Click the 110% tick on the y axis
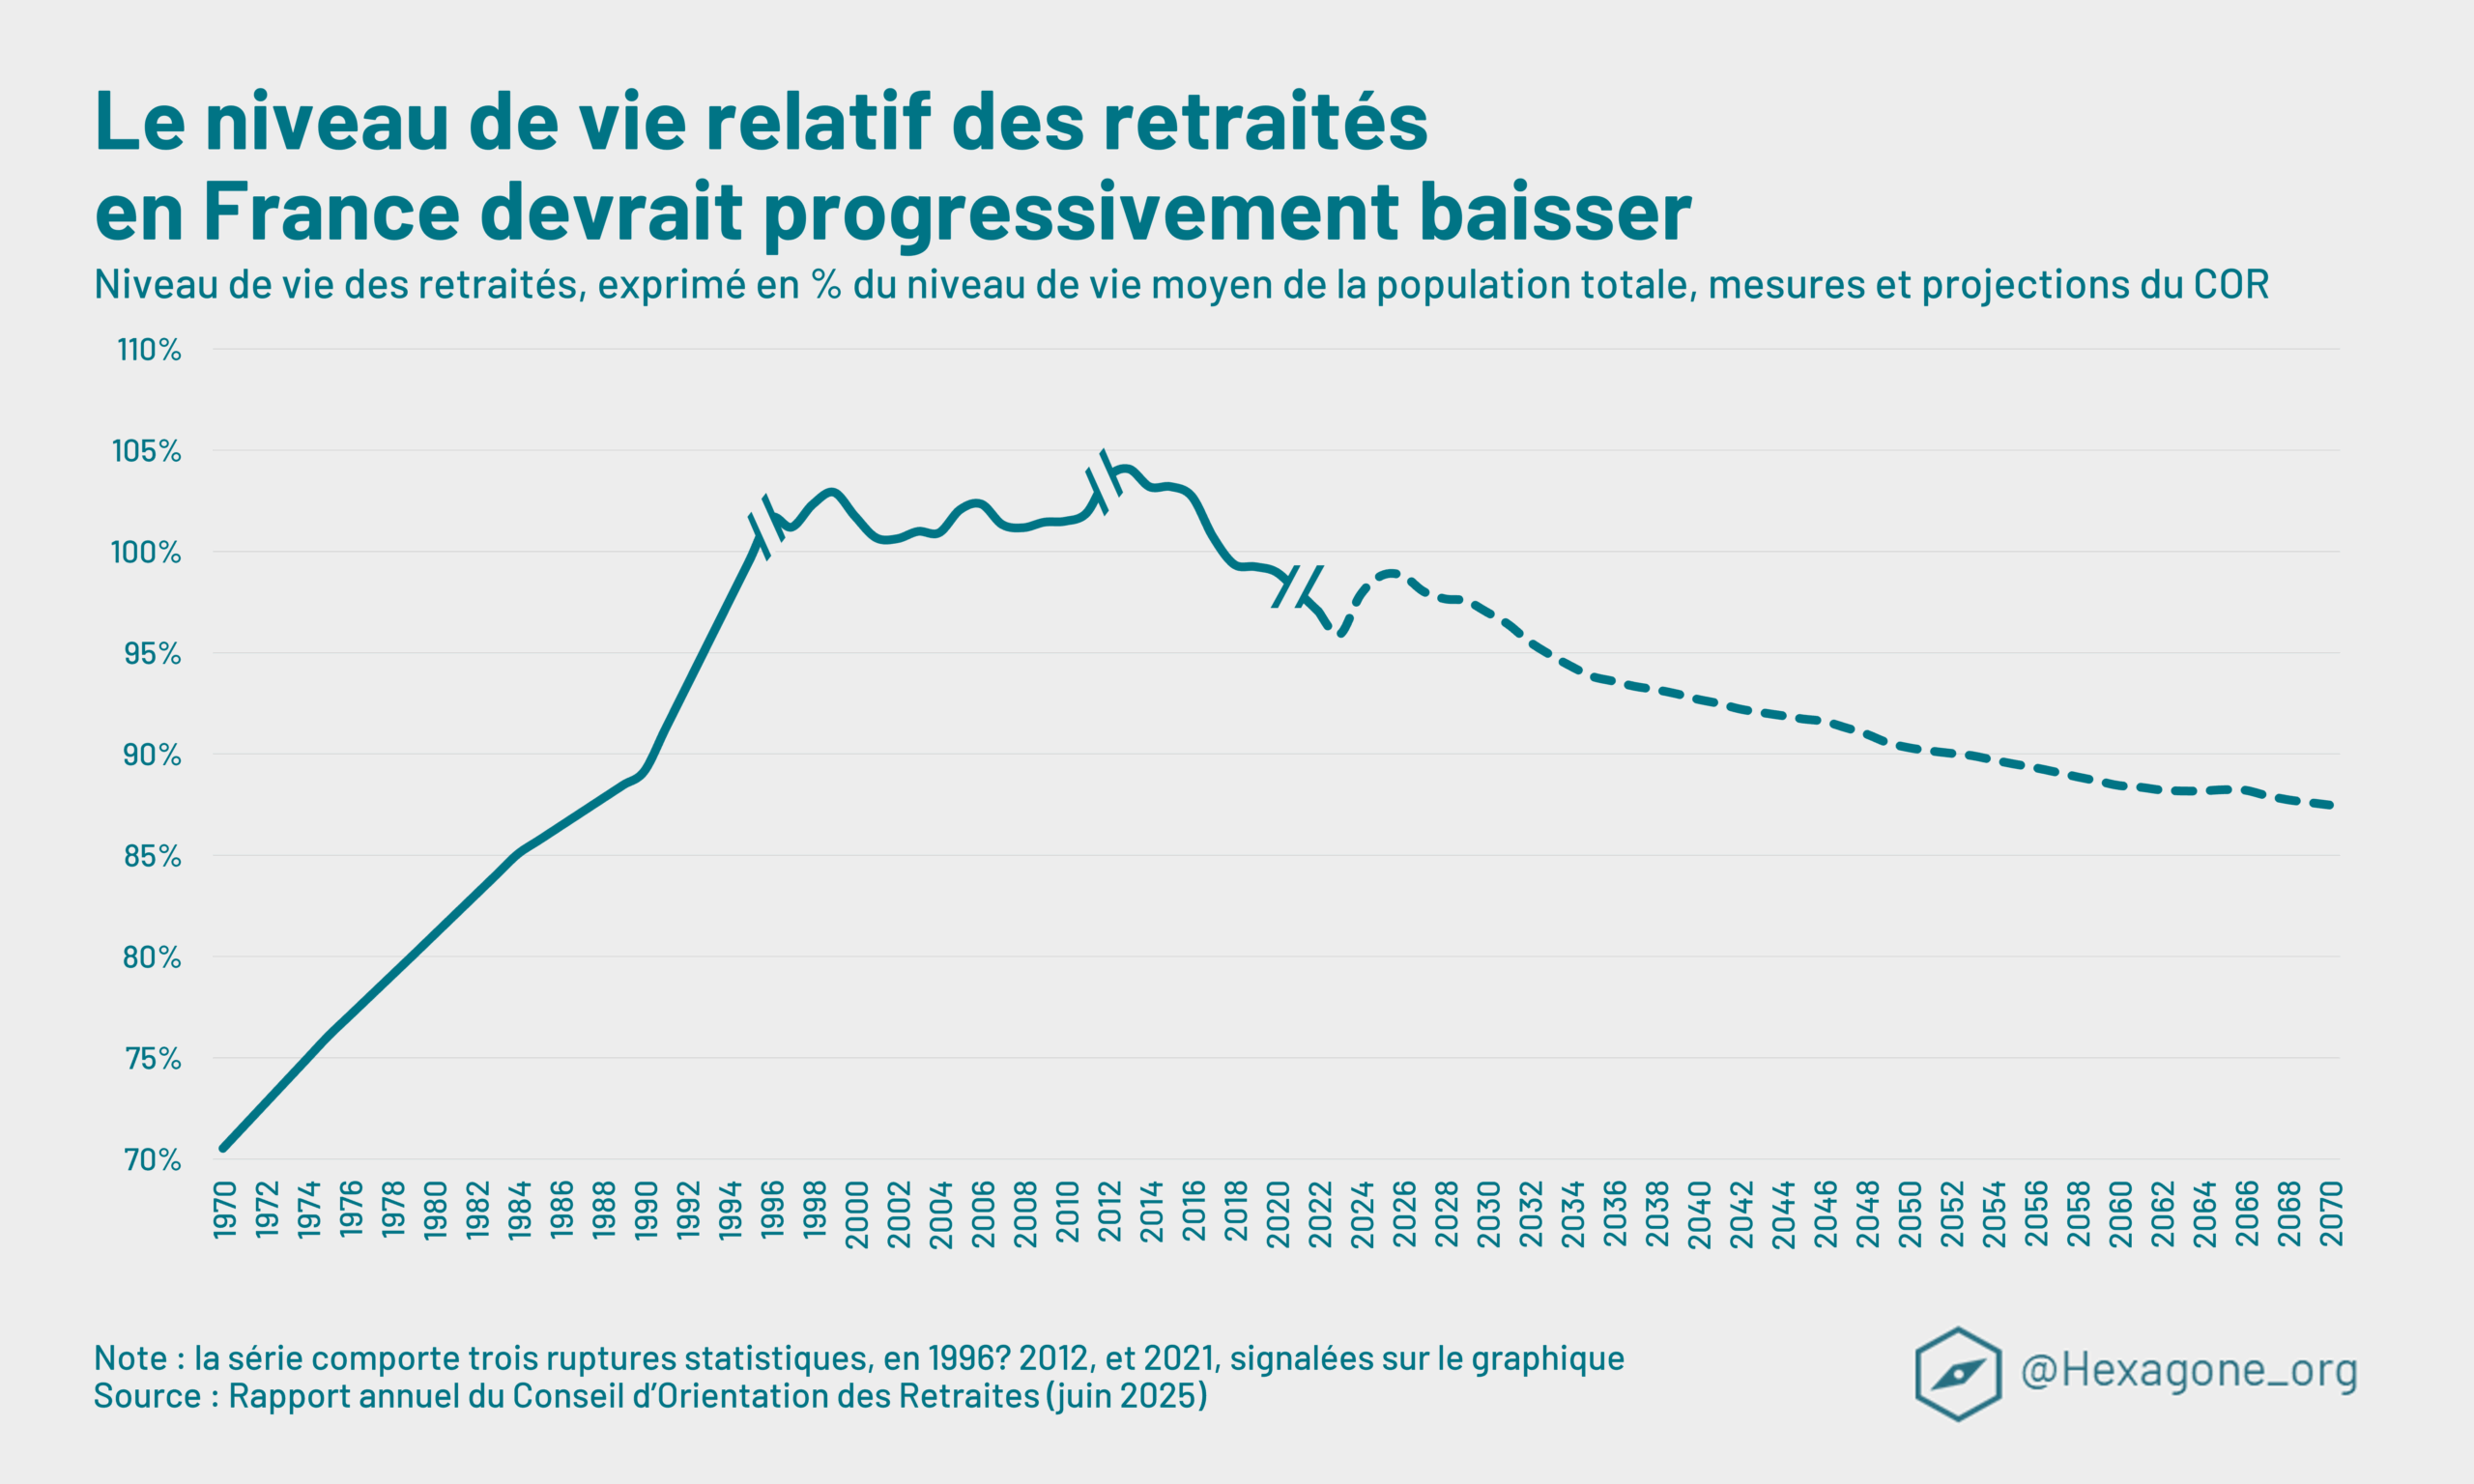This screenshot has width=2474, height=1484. pos(149,350)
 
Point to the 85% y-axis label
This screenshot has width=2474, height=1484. pos(152,856)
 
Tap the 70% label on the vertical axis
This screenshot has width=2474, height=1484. pos(152,1160)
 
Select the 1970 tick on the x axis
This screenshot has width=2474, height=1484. pos(225,1209)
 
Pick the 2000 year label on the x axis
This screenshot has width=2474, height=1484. pos(857,1214)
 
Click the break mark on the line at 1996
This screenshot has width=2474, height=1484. pos(767,526)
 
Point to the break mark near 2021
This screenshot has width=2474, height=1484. pos(1298,586)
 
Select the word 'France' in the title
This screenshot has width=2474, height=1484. pos(331,212)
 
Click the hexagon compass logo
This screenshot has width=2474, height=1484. pos(1957,1373)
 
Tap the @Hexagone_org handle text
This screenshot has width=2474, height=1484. pos(2188,1370)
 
